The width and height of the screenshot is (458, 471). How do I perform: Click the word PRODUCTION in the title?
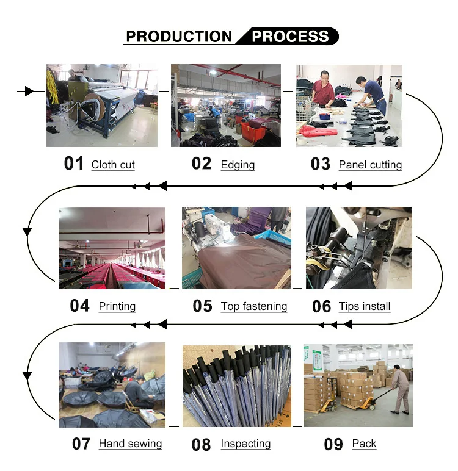pyautogui.click(x=179, y=36)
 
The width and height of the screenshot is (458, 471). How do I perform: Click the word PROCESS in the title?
pyautogui.click(x=291, y=36)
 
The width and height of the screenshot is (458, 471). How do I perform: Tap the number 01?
pyautogui.click(x=74, y=164)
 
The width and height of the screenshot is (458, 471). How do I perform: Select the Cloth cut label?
pyautogui.click(x=113, y=165)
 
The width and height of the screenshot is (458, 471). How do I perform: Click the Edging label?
pyautogui.click(x=238, y=165)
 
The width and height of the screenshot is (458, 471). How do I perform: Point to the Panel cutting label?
pyautogui.click(x=370, y=165)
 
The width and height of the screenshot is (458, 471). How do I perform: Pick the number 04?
pyautogui.click(x=80, y=306)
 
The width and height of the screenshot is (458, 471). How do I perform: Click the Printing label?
pyautogui.click(x=117, y=306)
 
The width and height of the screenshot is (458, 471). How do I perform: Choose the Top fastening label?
pyautogui.click(x=254, y=306)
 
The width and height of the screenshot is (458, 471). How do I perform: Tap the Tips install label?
pyautogui.click(x=365, y=306)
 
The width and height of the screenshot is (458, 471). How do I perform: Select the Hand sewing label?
pyautogui.click(x=130, y=444)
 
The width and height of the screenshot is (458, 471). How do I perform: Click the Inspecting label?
pyautogui.click(x=245, y=444)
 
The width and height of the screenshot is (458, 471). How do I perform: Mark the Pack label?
pyautogui.click(x=364, y=444)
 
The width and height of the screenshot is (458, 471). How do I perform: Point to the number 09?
pyautogui.click(x=333, y=444)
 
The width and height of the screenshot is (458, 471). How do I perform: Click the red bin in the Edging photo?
pyautogui.click(x=251, y=130)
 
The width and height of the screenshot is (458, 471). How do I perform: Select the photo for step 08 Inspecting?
pyautogui.click(x=237, y=385)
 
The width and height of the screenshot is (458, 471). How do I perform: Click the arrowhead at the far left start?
pyautogui.click(x=28, y=92)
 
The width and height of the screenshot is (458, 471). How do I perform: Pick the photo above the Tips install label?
pyautogui.click(x=358, y=248)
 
